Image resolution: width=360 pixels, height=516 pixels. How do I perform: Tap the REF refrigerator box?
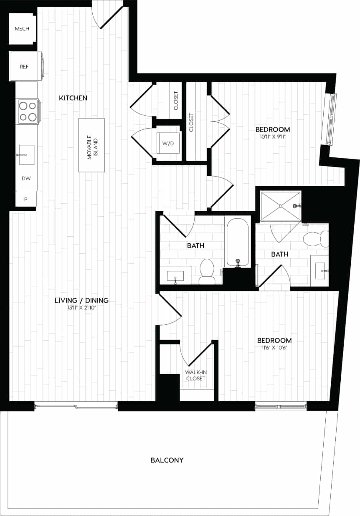pos(25,66)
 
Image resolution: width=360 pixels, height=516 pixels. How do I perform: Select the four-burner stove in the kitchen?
pos(28,111)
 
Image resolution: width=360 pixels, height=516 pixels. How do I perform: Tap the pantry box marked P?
pos(26,200)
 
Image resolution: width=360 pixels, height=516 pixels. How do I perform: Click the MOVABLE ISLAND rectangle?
pos(91,145)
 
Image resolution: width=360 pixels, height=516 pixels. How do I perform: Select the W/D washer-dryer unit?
pos(168,143)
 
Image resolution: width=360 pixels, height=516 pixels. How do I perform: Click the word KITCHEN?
pos(73,98)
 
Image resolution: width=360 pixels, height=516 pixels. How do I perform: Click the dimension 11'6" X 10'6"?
pos(274,348)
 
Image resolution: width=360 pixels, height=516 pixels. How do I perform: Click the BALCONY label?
pos(167,460)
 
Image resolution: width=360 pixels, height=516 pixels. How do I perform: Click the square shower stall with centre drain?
pos(281,205)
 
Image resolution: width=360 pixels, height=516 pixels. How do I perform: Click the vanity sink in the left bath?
pos(176,276)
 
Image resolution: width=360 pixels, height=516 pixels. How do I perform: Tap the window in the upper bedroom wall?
pos(330,119)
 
